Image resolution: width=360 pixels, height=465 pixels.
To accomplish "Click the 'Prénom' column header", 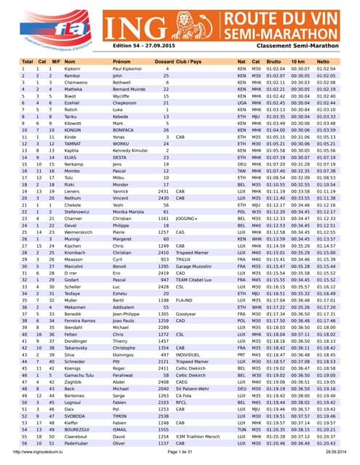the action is (121, 62).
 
